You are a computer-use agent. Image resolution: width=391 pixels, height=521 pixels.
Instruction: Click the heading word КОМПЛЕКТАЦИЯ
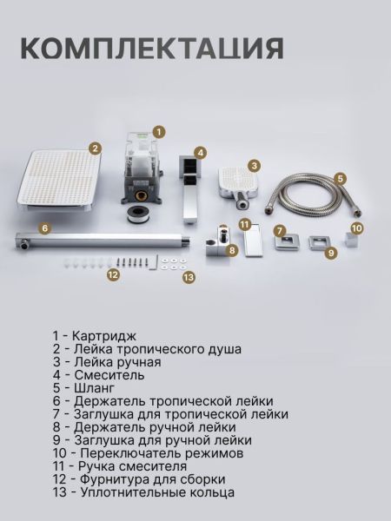152,49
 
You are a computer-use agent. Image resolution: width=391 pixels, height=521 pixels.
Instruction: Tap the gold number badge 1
159,132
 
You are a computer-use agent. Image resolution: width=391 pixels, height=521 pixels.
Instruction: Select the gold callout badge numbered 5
340,179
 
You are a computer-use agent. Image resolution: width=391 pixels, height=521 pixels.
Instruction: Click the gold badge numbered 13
189,277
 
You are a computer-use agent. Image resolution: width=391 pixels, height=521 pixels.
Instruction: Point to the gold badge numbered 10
356,228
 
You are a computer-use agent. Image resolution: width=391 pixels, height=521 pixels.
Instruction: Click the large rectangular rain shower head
59,180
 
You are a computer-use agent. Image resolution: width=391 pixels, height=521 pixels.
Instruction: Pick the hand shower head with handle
238,186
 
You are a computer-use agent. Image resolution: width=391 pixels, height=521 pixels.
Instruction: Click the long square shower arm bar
103,240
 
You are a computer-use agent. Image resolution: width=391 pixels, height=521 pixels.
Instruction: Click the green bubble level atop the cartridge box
140,135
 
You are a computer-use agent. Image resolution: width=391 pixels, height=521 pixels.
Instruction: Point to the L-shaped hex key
153,262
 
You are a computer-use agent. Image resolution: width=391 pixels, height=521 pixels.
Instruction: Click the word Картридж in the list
104,336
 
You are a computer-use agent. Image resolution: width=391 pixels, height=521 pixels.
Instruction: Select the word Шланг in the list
95,388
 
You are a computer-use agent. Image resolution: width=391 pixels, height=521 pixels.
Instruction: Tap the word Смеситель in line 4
109,375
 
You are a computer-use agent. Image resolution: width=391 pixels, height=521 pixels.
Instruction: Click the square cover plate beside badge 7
287,242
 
